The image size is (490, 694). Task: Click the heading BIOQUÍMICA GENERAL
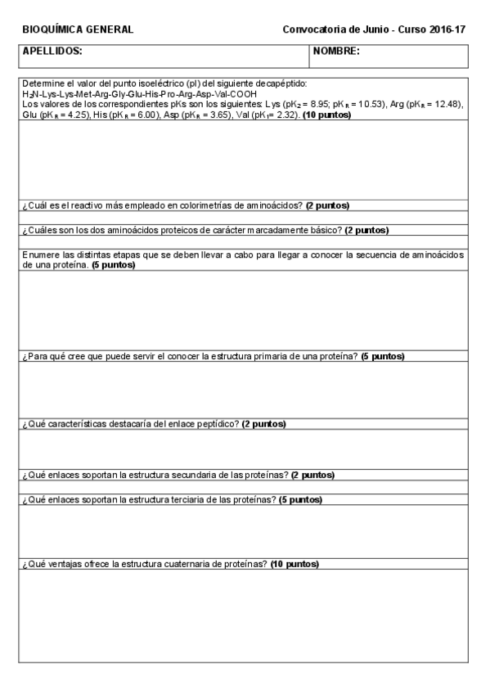78,29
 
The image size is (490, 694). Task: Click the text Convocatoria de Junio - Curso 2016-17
374,29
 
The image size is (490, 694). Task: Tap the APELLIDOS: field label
52,51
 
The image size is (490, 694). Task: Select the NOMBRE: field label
336,51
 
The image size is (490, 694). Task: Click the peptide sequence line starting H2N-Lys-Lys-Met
139,94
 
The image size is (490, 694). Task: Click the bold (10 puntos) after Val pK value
327,115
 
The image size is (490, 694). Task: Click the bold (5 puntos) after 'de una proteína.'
113,265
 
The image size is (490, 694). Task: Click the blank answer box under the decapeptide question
243,159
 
